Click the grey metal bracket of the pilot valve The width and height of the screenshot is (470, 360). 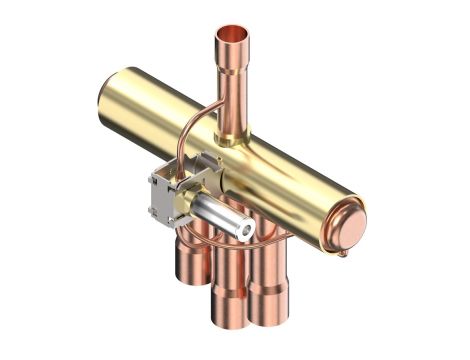tap(169, 194)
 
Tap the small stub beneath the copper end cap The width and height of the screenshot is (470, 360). tap(343, 252)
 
